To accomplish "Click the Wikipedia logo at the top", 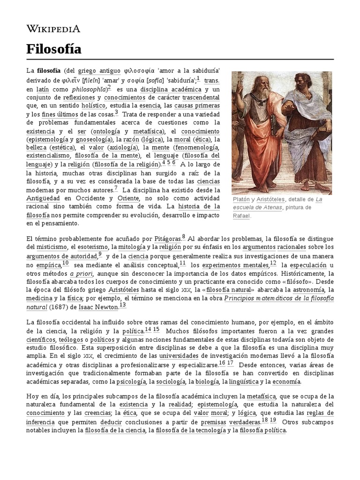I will point(53,29).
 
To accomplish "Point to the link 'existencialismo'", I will point(49,155).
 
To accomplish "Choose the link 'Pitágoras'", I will point(165,238).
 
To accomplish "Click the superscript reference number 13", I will point(123,305).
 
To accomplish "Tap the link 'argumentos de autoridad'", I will point(61,256).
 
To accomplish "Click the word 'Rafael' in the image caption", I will point(242,216).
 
